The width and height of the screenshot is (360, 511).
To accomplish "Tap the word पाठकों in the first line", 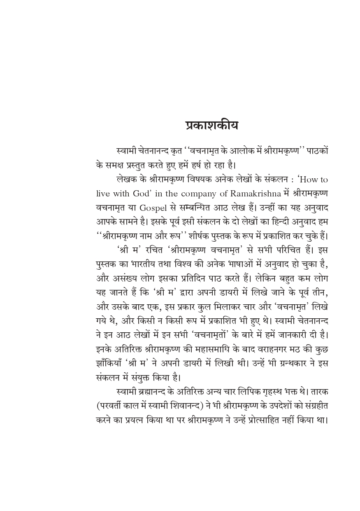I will tap(317, 151).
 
